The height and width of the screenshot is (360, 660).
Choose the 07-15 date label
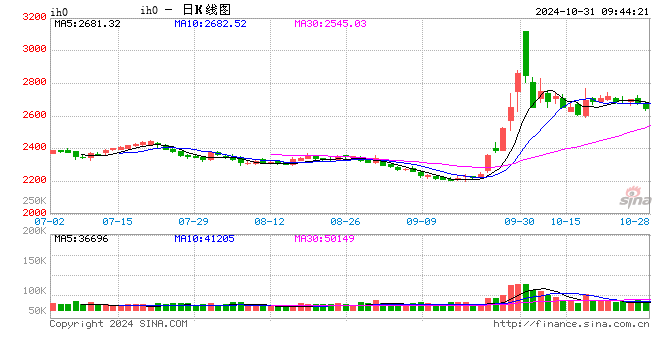pos(117,220)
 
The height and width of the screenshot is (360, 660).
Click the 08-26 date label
pos(345,220)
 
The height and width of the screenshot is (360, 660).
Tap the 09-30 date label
pos(519,220)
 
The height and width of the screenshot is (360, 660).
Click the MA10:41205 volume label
pos(205,237)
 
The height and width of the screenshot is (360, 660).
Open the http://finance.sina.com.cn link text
pos(571,323)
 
